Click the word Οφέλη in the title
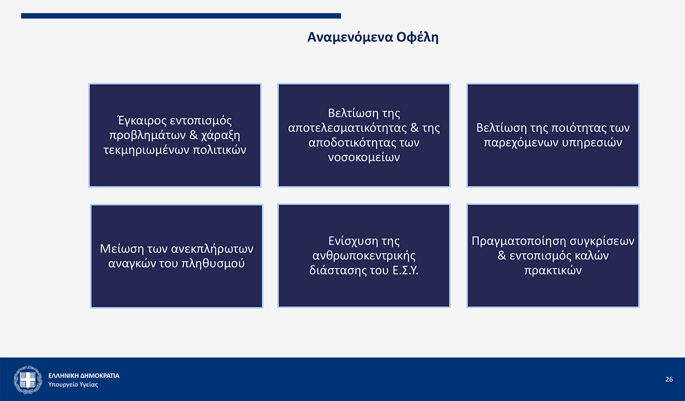417,37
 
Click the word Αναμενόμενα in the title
350,37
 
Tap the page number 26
669,380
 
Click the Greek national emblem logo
28,380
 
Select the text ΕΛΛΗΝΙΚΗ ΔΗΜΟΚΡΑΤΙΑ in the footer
84,375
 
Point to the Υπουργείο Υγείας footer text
73,384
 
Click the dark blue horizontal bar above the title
181,16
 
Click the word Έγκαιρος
141,121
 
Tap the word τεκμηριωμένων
146,150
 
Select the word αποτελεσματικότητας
347,128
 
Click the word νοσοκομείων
364,157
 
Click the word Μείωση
122,249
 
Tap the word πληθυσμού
213,263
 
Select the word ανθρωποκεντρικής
364,255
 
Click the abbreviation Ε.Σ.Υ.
405,270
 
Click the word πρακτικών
553,271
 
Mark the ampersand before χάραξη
194,135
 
